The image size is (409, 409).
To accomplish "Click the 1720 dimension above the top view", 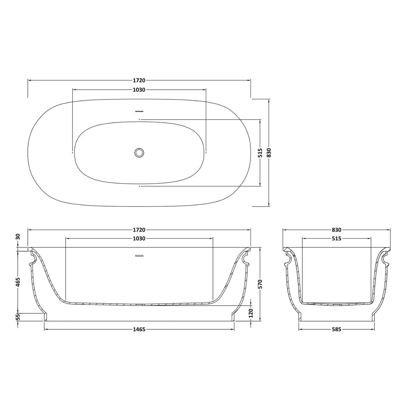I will click(139, 80).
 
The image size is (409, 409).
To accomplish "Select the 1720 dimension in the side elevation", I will click(139, 230).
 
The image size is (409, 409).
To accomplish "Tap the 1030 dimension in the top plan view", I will click(139, 90).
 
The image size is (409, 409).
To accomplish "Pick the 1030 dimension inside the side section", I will click(139, 239).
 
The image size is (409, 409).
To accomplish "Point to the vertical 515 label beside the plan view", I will click(260, 153).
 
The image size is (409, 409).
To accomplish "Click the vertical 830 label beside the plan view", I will click(269, 153).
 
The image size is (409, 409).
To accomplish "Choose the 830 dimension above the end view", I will click(337, 230).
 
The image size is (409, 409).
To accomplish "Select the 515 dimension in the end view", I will click(337, 239).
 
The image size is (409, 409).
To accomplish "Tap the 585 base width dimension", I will click(337, 329).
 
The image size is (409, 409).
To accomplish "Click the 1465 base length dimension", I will click(139, 329).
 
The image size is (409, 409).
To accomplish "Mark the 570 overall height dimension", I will click(260, 284).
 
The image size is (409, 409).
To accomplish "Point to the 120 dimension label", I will click(251, 313).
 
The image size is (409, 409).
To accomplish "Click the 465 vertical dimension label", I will click(18, 282).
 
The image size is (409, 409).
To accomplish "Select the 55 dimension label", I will click(18, 317).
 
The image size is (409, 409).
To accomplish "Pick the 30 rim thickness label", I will click(18, 237).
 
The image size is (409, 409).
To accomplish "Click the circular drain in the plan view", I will click(139, 152).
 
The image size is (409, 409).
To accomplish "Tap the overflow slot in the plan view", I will click(139, 111).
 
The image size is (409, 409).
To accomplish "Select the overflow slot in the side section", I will click(139, 255).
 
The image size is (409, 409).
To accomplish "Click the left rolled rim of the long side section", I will click(31, 249).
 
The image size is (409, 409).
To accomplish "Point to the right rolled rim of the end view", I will click(388, 249).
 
